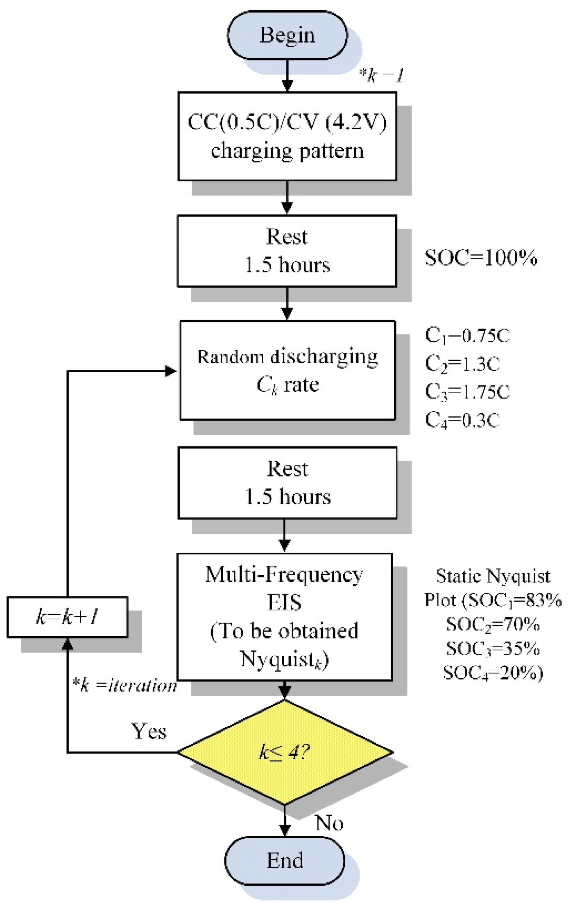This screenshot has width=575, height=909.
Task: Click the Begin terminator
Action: click(287, 35)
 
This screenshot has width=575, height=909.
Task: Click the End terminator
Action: click(285, 860)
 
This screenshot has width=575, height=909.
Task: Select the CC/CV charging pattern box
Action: click(287, 136)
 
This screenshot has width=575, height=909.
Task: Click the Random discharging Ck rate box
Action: click(287, 370)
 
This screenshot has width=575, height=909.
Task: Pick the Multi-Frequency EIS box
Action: click(284, 616)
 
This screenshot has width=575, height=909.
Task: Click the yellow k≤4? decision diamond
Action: click(285, 752)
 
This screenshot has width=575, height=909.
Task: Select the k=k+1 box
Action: click(67, 617)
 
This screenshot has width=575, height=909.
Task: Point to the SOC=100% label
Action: click(481, 258)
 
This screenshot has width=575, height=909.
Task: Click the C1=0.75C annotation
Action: click(467, 335)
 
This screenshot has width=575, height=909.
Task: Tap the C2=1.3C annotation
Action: click(462, 363)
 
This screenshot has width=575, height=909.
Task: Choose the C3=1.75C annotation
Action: click(467, 391)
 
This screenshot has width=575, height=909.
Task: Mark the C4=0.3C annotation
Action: click(462, 420)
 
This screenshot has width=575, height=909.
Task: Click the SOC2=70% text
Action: click(493, 624)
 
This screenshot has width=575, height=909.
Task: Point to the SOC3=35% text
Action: click(493, 648)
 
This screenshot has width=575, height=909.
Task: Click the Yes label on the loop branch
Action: click(149, 731)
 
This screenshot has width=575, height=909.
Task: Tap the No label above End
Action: click(329, 823)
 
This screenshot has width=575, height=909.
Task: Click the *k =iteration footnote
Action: click(125, 685)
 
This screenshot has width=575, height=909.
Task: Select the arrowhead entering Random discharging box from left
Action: click(171, 371)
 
